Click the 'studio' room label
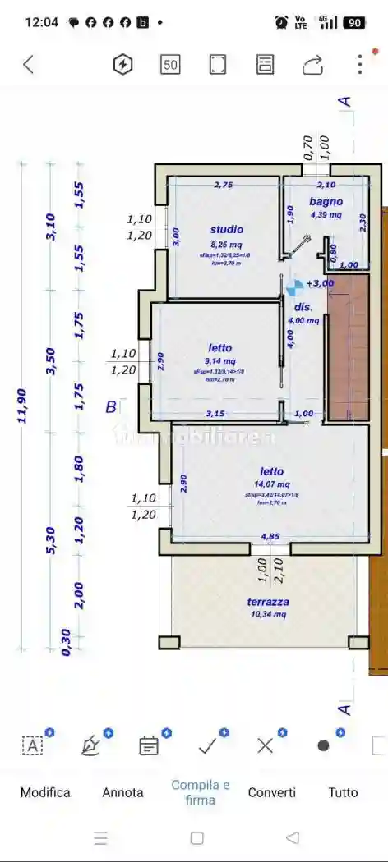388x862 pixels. tap(226, 230)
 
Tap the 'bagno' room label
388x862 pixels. tap(326, 201)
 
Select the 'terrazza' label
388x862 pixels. tap(268, 602)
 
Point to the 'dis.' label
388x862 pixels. tap(303, 307)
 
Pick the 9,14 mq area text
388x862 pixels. tap(219, 361)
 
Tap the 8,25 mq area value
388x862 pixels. tap(226, 245)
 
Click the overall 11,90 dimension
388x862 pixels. tap(22, 406)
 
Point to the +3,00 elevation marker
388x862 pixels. tap(320, 283)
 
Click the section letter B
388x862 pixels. tap(110, 406)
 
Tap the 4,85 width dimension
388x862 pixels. tap(270, 537)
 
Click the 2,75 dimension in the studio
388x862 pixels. tap(223, 186)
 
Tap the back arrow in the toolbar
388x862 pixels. tap(29, 65)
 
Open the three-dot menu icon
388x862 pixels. tap(359, 65)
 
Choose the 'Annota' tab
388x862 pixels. tap(122, 792)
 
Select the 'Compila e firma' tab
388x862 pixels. tap(200, 792)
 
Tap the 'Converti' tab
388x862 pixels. tap(272, 792)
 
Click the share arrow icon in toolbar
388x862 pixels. tap(312, 65)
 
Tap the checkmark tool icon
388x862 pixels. tap(207, 745)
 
